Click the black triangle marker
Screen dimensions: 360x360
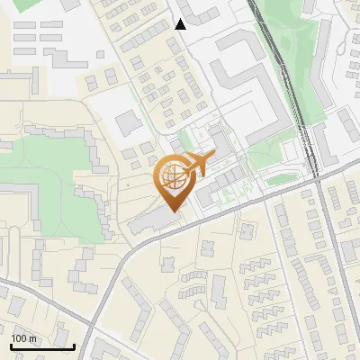180,23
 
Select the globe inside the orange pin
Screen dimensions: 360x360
172,180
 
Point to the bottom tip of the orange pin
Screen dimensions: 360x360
172,211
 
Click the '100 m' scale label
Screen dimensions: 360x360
23,338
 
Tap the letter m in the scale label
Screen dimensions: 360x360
32,338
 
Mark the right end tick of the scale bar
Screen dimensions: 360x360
74,345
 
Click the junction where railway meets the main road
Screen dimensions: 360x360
316,177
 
